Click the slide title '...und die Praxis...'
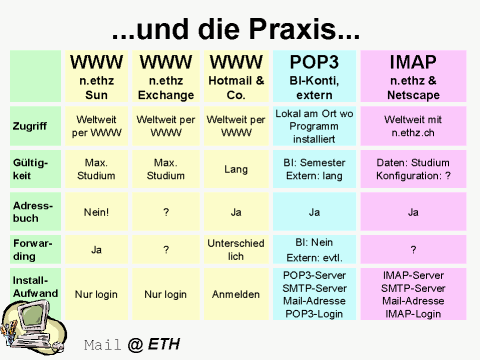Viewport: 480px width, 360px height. pos(239,20)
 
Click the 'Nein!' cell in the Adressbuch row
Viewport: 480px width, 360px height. pos(97,211)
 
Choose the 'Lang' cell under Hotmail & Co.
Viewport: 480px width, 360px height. pos(236,169)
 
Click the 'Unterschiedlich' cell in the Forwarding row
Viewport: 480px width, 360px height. pos(236,249)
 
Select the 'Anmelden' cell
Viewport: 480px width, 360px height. pos(236,294)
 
